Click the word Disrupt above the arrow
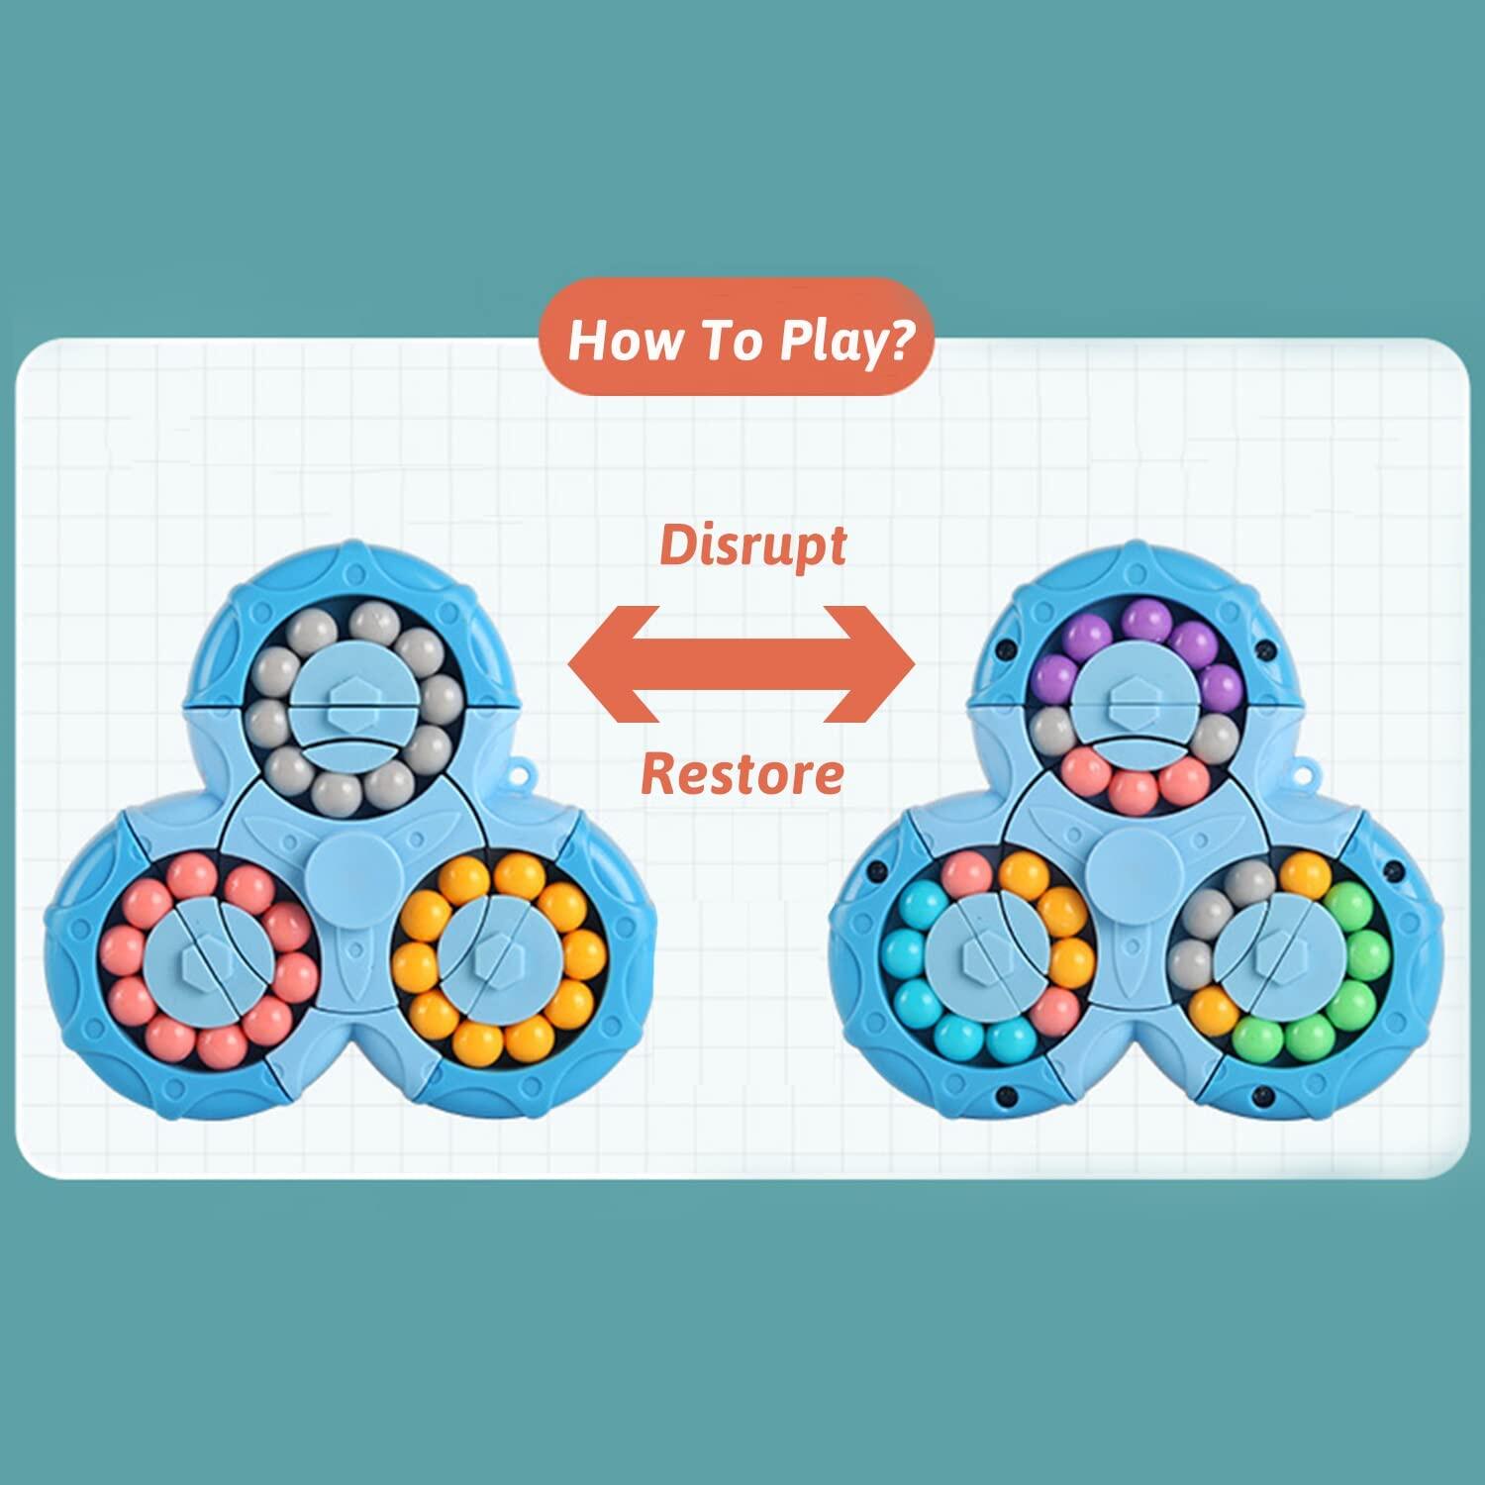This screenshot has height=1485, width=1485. point(752,545)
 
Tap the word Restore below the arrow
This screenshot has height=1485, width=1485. point(742,773)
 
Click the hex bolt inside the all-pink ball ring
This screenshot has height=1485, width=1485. point(199,955)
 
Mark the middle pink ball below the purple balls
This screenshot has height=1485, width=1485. point(1131,791)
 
